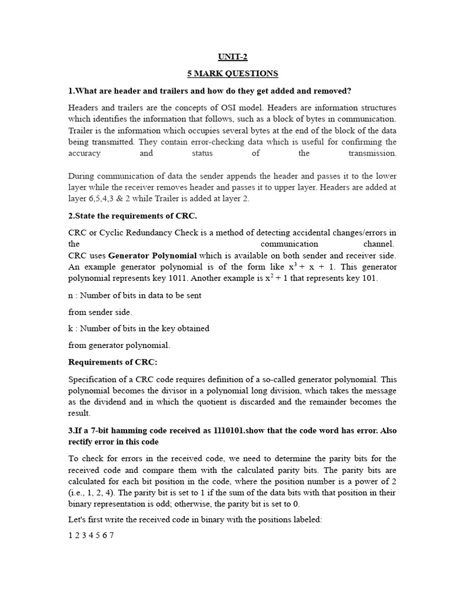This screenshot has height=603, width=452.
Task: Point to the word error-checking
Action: [x=184, y=142]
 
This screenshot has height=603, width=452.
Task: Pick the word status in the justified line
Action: [x=202, y=153]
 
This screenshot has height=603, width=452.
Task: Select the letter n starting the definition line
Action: [x=71, y=295]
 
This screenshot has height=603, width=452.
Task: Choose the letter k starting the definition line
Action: [x=71, y=328]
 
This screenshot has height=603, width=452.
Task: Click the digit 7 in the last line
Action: [x=111, y=535]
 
